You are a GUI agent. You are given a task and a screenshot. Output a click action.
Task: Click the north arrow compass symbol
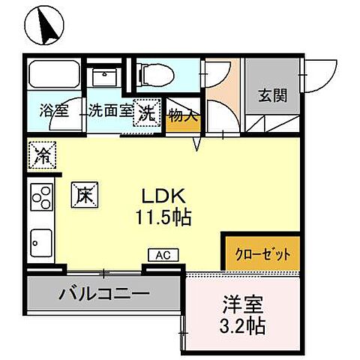[x=45, y=26]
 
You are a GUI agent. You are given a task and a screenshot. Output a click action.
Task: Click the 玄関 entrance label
[x=271, y=96]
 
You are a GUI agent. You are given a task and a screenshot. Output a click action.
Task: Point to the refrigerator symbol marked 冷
[x=43, y=155]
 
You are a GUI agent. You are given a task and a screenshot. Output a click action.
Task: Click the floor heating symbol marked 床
[x=82, y=195]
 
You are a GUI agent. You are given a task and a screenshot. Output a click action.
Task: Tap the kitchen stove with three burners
[x=40, y=199]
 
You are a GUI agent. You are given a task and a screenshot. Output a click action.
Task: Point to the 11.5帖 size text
[x=163, y=218]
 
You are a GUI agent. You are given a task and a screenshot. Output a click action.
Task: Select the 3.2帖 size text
[x=242, y=328]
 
